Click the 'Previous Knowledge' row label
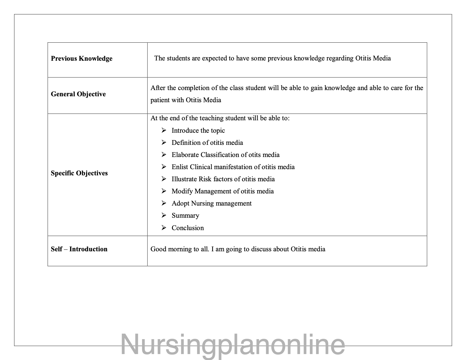point(82,58)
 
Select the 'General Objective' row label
point(78,94)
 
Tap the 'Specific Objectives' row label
point(79,173)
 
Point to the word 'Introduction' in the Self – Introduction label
point(88,249)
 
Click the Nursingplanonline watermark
point(233,345)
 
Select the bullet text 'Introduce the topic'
point(198,130)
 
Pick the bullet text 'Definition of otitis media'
point(207,143)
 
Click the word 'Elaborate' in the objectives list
point(185,155)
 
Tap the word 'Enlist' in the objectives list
point(180,167)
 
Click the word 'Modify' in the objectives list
point(182,191)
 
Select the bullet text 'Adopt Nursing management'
point(211,203)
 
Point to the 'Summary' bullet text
point(185,215)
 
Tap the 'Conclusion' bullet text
point(188,228)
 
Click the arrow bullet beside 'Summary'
point(164,215)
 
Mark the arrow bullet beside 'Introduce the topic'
point(164,130)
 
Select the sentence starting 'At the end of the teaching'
point(220,118)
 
